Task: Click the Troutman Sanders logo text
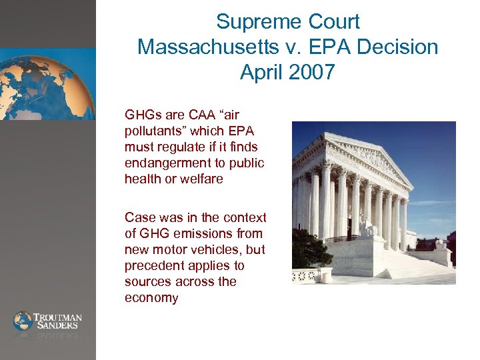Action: click(x=57, y=321)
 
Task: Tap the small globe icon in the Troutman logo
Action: click(x=23, y=321)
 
